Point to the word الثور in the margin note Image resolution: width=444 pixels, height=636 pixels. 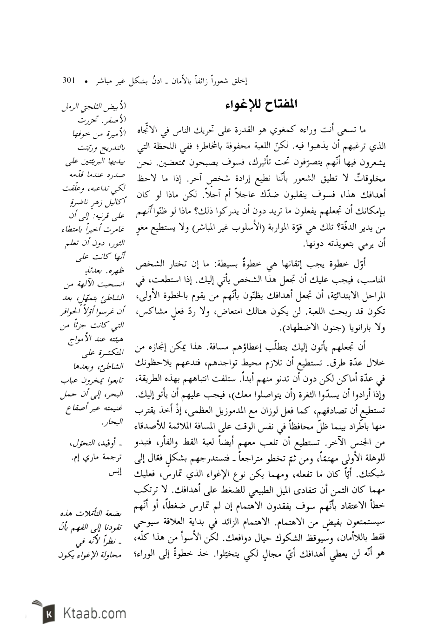pos(111,241)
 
